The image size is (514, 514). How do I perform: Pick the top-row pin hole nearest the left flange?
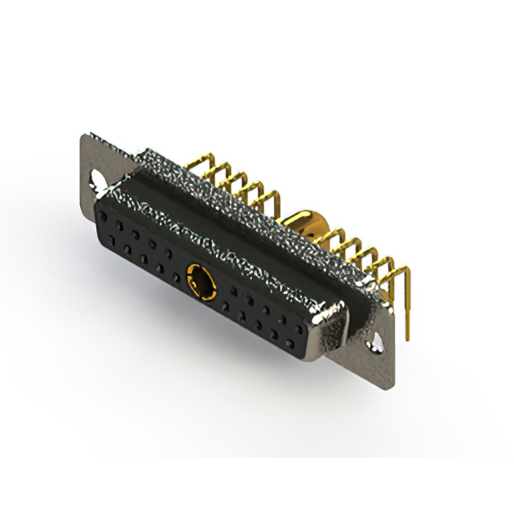(106, 215)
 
